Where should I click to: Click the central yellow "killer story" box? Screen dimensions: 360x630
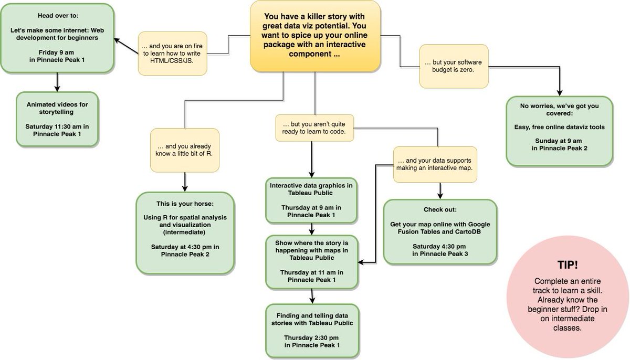[x=315, y=36]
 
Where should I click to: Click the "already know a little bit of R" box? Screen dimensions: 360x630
[x=184, y=150]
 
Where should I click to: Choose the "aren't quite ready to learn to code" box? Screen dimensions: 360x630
[x=314, y=128]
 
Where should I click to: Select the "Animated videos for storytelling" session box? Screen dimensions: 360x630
[x=58, y=119]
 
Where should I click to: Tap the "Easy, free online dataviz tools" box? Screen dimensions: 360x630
[x=559, y=131]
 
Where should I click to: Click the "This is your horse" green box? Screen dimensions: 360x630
[x=184, y=232]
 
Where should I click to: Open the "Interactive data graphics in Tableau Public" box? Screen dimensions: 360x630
[x=312, y=200]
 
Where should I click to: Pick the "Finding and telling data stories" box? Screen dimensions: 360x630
[x=312, y=330]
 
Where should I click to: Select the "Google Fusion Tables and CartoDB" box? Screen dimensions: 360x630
[x=440, y=231]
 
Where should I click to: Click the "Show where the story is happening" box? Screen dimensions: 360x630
[x=312, y=261]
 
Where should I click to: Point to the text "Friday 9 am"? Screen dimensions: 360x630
[x=57, y=52]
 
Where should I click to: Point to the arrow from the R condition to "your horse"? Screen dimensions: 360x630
[x=184, y=182]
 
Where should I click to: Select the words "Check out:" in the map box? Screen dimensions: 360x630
[x=440, y=209]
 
